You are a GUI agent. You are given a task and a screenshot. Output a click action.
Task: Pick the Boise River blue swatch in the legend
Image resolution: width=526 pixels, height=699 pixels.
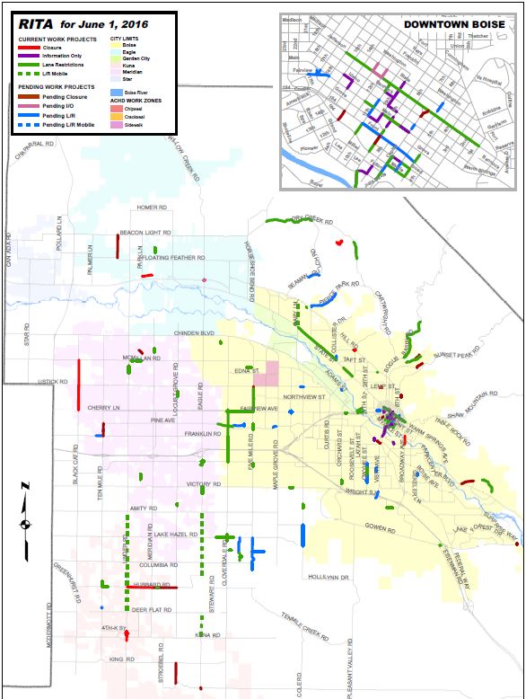point(117,91)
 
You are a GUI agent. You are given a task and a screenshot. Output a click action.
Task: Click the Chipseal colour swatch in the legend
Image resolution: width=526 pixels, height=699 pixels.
point(117,107)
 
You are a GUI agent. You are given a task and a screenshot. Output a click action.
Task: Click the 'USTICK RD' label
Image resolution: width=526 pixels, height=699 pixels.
point(52,382)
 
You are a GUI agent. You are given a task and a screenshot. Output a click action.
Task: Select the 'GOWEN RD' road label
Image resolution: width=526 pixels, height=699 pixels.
point(380,526)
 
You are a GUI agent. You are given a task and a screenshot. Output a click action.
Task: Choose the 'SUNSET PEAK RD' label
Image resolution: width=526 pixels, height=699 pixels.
point(453,355)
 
